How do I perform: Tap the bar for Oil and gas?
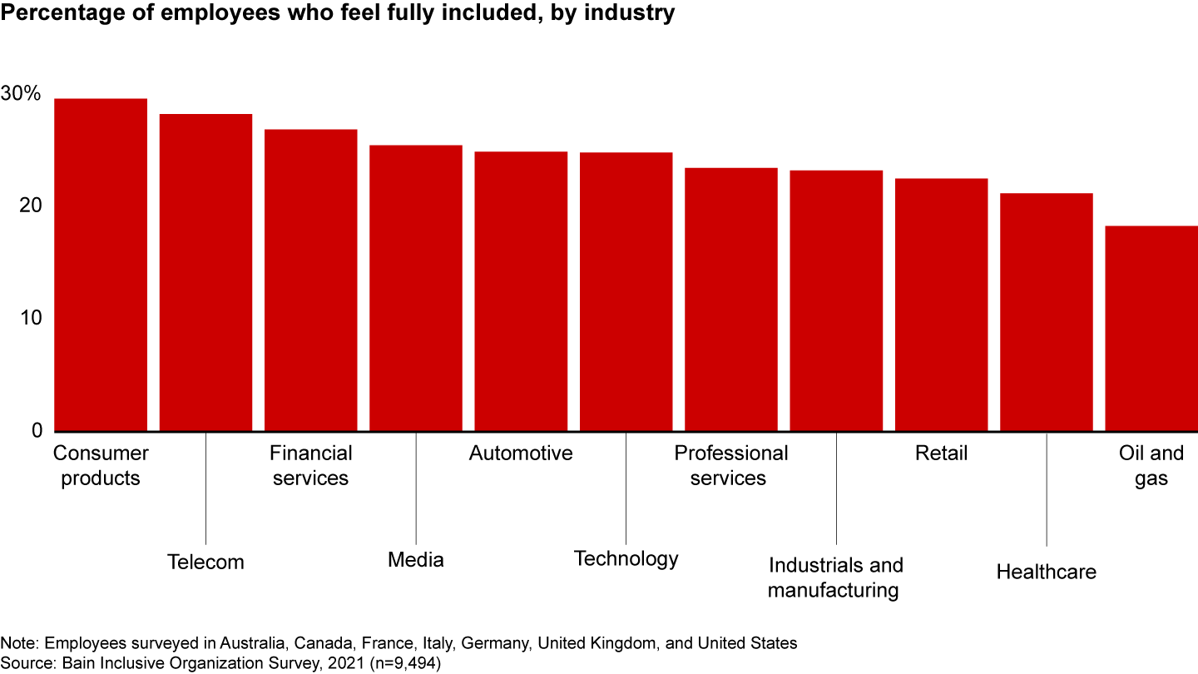[x=1151, y=329]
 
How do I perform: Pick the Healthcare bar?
[x=1046, y=312]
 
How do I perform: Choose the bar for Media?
[x=416, y=288]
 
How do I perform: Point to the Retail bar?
[x=941, y=305]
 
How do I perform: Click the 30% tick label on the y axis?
[x=21, y=94]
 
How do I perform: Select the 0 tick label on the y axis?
[x=36, y=431]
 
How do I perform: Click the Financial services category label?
[x=310, y=466]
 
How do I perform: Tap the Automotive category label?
[x=521, y=453]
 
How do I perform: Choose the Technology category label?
[x=626, y=558]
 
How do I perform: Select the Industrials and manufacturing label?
[x=835, y=577]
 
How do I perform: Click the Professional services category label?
[x=730, y=466]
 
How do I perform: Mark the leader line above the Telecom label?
[x=205, y=491]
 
